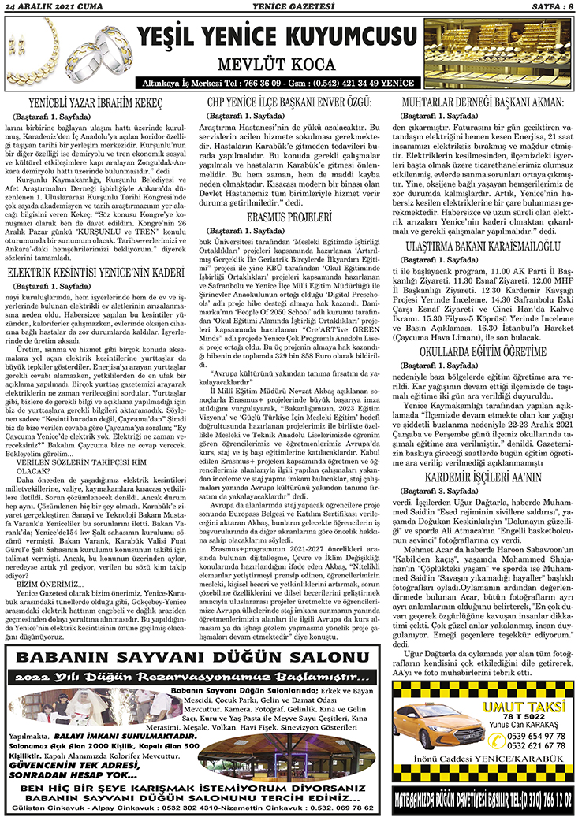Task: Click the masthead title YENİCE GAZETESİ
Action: (292, 7)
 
